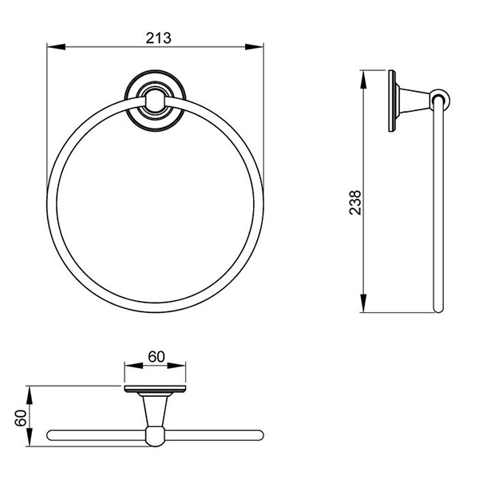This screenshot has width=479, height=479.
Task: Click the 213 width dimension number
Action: click(158, 38)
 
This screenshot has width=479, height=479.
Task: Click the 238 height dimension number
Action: click(355, 203)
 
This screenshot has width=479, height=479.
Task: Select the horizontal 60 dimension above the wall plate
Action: click(156, 357)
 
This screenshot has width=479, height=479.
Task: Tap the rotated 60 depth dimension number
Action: click(21, 418)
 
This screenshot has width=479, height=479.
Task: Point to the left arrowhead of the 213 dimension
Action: click(56, 47)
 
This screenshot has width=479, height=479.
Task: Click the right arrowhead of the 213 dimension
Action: click(254, 47)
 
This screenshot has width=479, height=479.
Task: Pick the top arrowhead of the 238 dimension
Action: click(363, 79)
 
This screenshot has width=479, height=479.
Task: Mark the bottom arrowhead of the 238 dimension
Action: click(363, 303)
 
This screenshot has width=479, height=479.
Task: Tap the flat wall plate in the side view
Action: click(392, 101)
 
